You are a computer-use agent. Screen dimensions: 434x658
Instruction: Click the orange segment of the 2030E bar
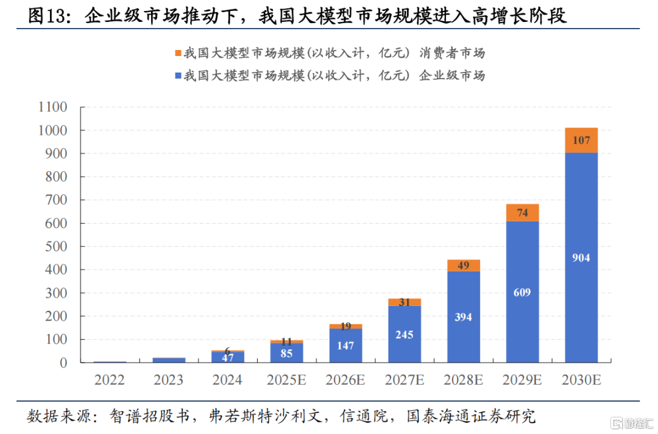pyautogui.click(x=581, y=140)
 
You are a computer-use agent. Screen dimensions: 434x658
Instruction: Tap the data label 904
pyautogui.click(x=581, y=257)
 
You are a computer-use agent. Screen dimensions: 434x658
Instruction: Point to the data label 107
pyautogui.click(x=581, y=140)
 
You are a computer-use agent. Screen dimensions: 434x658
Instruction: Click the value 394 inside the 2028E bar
pyautogui.click(x=463, y=316)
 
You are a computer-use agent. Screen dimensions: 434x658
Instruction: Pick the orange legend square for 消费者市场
pyautogui.click(x=178, y=54)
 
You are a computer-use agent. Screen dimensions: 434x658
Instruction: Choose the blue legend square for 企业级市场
pyautogui.click(x=178, y=76)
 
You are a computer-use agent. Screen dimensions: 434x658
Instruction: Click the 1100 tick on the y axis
pyautogui.click(x=52, y=107)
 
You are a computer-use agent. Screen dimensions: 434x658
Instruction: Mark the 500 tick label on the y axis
pyautogui.click(x=56, y=247)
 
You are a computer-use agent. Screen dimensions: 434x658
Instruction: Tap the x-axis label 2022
pyautogui.click(x=110, y=380)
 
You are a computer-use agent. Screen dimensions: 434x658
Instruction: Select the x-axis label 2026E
pyautogui.click(x=345, y=380)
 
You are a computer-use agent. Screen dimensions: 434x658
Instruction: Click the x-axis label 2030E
pyautogui.click(x=581, y=380)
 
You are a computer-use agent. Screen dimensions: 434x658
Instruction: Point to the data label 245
pyautogui.click(x=404, y=335)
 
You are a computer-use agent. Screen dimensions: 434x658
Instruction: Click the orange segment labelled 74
pyautogui.click(x=522, y=213)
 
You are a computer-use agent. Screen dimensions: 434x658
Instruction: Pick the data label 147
pyautogui.click(x=345, y=346)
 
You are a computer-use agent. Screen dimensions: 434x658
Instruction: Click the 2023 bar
pyautogui.click(x=169, y=360)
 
